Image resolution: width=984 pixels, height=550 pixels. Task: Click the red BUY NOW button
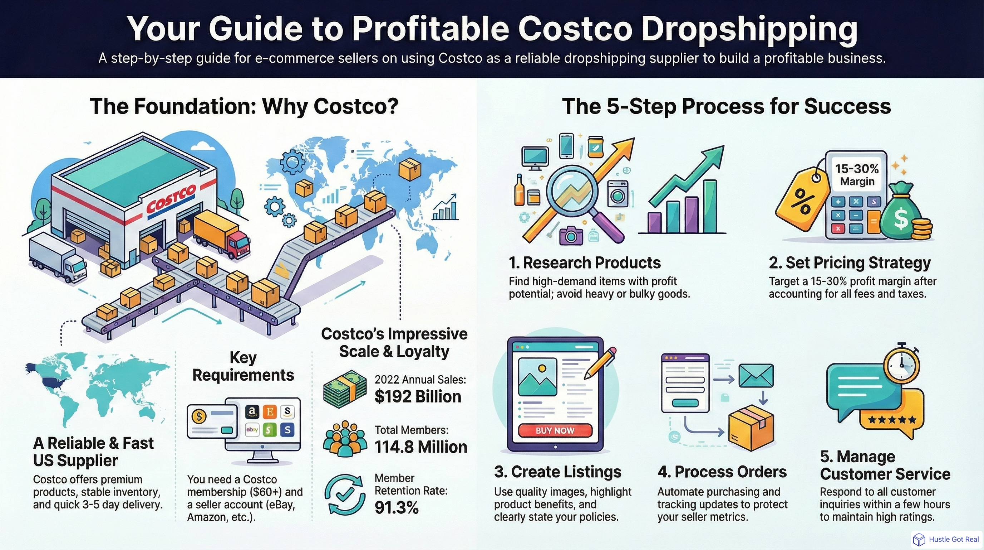[555, 430]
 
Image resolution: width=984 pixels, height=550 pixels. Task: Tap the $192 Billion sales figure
[418, 397]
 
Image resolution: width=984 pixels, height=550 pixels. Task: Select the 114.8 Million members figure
[420, 447]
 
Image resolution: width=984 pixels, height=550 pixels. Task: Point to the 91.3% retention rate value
[397, 507]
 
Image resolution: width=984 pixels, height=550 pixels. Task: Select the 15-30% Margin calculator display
[857, 174]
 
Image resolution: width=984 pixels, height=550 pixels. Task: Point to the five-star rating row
[891, 420]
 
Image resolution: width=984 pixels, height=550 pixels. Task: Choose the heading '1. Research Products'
[585, 263]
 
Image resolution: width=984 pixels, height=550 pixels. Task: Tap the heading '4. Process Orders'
[722, 472]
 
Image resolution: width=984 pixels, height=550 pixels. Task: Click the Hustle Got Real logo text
[954, 539]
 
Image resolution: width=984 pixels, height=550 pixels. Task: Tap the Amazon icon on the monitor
[251, 412]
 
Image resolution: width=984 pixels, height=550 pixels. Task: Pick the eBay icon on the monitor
[252, 430]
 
